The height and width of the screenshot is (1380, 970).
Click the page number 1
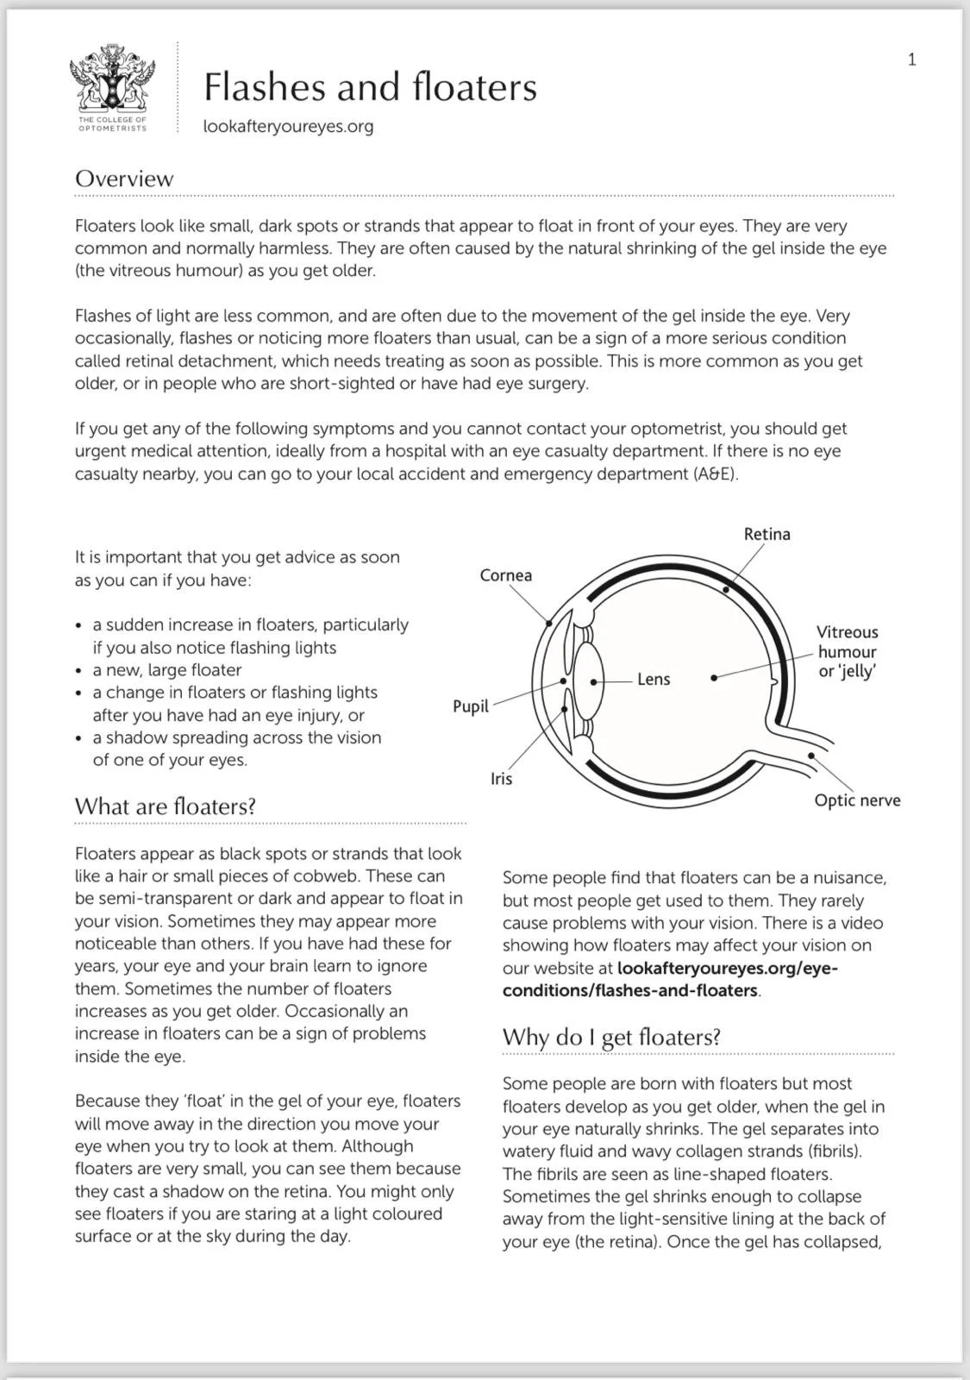911,60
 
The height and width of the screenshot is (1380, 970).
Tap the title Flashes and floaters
370,87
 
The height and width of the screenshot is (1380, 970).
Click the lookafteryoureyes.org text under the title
288,126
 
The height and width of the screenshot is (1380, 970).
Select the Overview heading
124,179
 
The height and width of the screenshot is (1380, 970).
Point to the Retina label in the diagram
767,534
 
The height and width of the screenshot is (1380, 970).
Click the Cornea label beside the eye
505,575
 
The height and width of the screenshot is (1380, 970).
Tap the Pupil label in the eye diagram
471,706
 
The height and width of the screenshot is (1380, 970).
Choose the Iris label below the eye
501,779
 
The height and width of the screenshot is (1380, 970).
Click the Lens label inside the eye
654,680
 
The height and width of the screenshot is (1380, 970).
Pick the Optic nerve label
857,800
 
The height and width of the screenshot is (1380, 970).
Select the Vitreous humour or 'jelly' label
847,652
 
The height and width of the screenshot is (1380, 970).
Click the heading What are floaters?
166,806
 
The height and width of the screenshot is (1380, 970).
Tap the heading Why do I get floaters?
611,1037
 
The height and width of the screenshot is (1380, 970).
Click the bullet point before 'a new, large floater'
79,671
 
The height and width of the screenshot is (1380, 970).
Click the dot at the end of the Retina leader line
726,590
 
